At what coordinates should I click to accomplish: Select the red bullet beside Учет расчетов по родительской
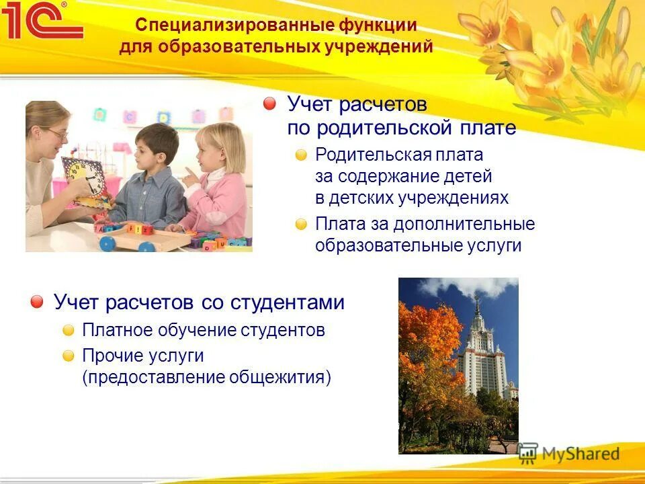point(269,104)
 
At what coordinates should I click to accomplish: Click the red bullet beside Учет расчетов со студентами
point(37,302)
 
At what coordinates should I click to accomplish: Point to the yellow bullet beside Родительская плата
point(302,155)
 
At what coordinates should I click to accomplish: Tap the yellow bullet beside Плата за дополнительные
point(302,224)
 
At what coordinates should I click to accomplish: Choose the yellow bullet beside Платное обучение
point(69,330)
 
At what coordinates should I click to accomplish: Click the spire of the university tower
point(477,302)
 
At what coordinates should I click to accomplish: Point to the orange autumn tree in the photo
point(427,356)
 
